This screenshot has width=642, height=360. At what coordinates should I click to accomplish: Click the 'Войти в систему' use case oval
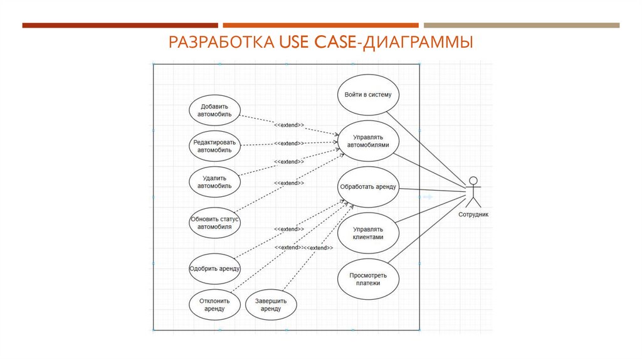coord(368,95)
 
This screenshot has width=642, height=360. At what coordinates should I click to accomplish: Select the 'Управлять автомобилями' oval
coord(368,140)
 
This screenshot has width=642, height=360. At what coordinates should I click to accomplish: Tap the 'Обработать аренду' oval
coord(368,187)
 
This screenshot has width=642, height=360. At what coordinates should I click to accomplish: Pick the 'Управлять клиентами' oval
coord(368,233)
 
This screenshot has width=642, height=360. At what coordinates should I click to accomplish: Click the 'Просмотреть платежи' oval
coord(368,279)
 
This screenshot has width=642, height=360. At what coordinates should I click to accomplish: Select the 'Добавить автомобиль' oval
coord(216,110)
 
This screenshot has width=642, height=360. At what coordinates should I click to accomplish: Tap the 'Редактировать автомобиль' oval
coord(216,146)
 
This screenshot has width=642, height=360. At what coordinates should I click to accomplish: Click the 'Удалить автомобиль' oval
coord(216,182)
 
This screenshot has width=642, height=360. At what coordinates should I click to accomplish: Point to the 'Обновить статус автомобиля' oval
coord(216,223)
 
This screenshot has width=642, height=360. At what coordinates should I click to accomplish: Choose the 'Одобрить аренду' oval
coord(216,268)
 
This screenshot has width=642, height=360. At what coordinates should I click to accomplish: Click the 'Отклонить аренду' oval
coord(216,305)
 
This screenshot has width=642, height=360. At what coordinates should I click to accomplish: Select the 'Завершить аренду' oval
coord(271,305)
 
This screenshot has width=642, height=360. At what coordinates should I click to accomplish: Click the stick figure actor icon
coord(473,192)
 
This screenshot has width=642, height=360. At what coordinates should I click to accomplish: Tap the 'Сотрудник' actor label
coord(473,214)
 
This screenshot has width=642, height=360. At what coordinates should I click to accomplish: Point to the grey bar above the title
coord(521,25)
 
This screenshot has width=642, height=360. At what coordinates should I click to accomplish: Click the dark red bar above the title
coord(120,25)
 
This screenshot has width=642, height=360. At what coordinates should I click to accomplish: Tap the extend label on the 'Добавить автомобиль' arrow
coord(289,125)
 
